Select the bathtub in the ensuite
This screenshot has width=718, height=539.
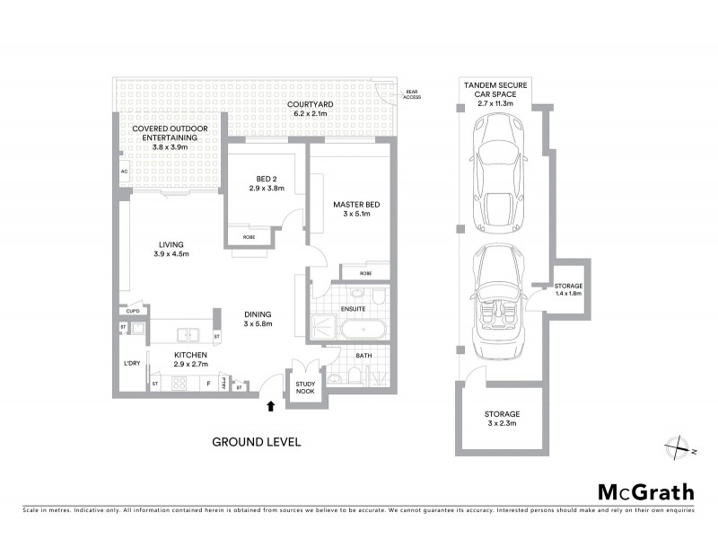click(363, 330)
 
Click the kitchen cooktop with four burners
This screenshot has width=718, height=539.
click(178, 384)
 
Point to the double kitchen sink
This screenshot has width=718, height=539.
click(189, 335)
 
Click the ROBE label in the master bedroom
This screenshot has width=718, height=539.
click(365, 272)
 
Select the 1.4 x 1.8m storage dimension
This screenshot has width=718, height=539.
click(569, 294)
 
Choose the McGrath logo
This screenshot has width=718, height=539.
click(645, 491)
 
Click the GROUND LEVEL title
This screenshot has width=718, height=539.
click(256, 442)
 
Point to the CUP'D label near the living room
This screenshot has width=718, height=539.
click(133, 312)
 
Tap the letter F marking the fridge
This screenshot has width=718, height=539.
click(208, 384)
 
